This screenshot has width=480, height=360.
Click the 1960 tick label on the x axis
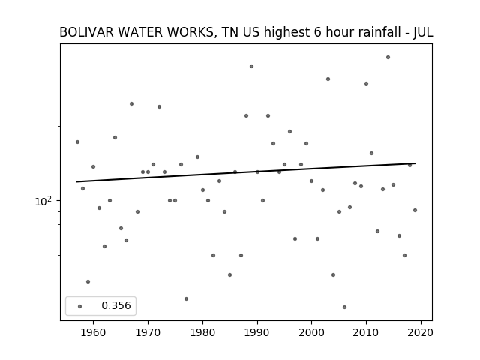pos(93,332)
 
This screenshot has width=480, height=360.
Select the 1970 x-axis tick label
pos(148,332)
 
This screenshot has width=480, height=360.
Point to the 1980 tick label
pos(202,332)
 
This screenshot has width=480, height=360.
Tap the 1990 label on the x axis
pos(257,332)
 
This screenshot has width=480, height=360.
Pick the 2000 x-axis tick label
pos(312,332)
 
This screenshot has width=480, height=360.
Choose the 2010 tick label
pos(366,332)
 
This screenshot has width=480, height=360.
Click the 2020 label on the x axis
pos(421,332)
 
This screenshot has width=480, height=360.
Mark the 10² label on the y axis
pos(43,202)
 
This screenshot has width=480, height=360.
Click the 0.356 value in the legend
pos(116,305)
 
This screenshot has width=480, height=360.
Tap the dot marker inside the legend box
pos(80,306)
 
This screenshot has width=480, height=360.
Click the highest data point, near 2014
pos(388,57)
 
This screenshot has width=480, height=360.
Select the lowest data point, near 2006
pos(344,307)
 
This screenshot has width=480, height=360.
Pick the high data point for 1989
pos(251,67)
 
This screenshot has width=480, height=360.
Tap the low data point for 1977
pos(186,298)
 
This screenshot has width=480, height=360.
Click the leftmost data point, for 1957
pos(77,142)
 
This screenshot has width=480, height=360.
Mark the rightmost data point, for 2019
pos(415,210)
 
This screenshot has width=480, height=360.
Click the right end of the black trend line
pos(415,163)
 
